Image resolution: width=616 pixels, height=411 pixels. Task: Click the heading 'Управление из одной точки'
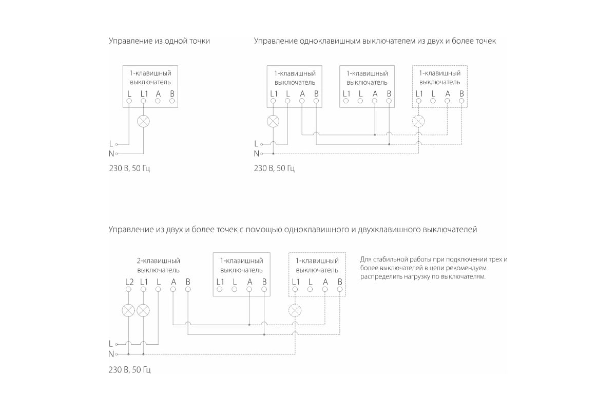click(x=159, y=41)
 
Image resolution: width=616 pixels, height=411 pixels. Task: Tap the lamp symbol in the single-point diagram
click(x=143, y=122)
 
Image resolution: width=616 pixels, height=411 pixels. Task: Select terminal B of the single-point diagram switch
click(x=172, y=101)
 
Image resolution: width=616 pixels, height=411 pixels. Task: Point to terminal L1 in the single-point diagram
click(x=143, y=101)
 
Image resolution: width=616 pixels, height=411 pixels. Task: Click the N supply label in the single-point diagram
click(x=111, y=154)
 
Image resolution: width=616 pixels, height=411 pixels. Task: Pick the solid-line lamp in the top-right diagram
click(x=273, y=122)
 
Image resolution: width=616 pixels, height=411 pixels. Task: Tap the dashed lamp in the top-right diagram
click(x=419, y=122)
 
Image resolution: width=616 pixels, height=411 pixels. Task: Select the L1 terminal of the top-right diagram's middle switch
click(x=346, y=101)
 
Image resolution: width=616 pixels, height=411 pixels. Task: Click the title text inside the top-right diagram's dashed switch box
click(x=440, y=78)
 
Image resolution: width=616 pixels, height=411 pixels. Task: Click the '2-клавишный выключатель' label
click(x=158, y=265)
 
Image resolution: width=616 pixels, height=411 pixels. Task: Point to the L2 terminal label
click(x=129, y=282)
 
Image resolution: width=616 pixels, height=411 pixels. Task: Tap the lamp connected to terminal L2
click(x=128, y=310)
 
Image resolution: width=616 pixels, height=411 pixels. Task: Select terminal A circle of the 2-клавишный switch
click(x=173, y=290)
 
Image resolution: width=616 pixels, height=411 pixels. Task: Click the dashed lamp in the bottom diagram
click(x=295, y=310)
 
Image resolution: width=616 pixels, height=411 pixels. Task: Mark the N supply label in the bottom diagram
click(x=111, y=354)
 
